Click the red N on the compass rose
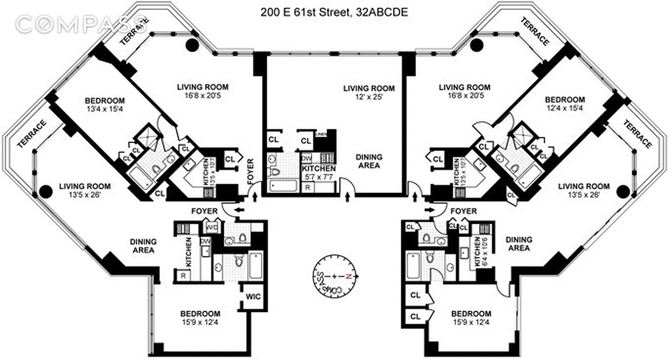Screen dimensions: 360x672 point(347,276)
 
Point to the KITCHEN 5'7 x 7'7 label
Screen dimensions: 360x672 point(319,172)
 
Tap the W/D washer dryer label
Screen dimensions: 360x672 point(212,227)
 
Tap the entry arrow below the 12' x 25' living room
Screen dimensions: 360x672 point(347,196)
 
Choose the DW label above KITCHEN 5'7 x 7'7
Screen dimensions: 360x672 point(307,158)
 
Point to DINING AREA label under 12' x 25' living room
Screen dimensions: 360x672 point(369,161)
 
